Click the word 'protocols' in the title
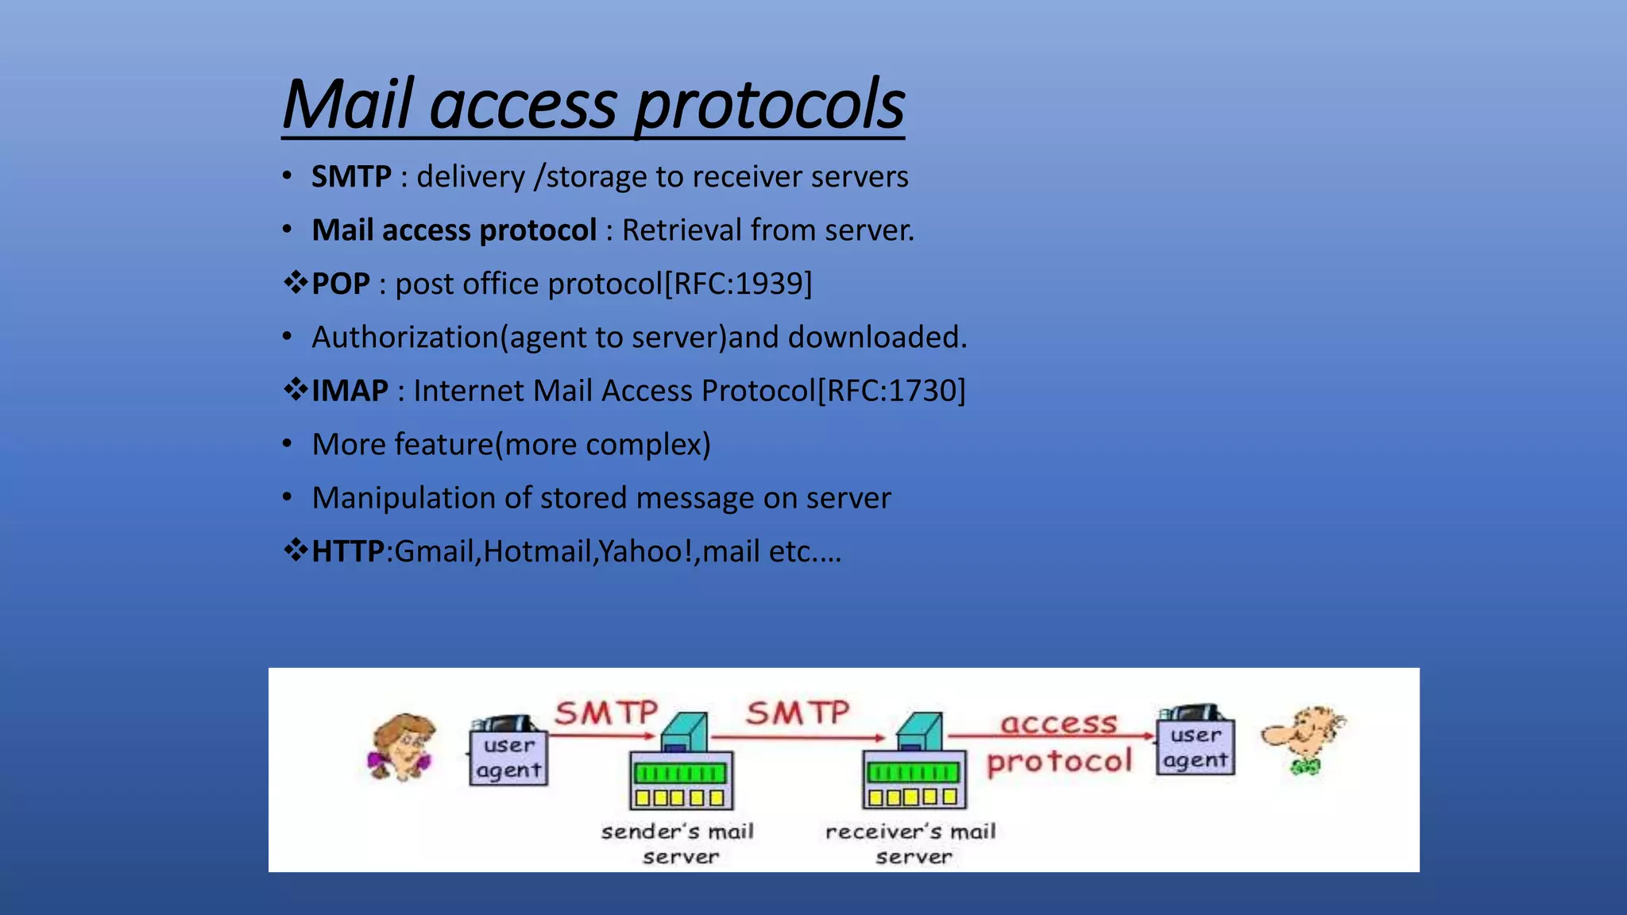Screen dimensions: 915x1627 (x=769, y=106)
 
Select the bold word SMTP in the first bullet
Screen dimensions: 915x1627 (x=351, y=176)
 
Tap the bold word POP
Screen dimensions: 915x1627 (x=340, y=284)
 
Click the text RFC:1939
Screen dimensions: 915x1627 (x=738, y=284)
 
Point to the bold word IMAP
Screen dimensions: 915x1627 (x=350, y=391)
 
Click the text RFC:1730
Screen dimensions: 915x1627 (x=891, y=391)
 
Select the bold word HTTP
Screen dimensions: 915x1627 (x=347, y=551)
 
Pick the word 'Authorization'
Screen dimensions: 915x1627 (x=405, y=338)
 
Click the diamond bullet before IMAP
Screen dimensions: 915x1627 (x=296, y=390)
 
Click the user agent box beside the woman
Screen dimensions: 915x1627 (x=508, y=757)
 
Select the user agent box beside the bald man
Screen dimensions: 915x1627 (x=1195, y=747)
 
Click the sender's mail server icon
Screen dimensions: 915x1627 (x=682, y=766)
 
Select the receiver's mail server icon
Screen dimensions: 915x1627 (x=914, y=766)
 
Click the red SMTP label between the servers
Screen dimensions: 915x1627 (x=797, y=712)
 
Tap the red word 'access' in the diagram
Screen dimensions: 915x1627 (x=1058, y=724)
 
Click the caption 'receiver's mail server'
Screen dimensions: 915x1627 (x=910, y=844)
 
